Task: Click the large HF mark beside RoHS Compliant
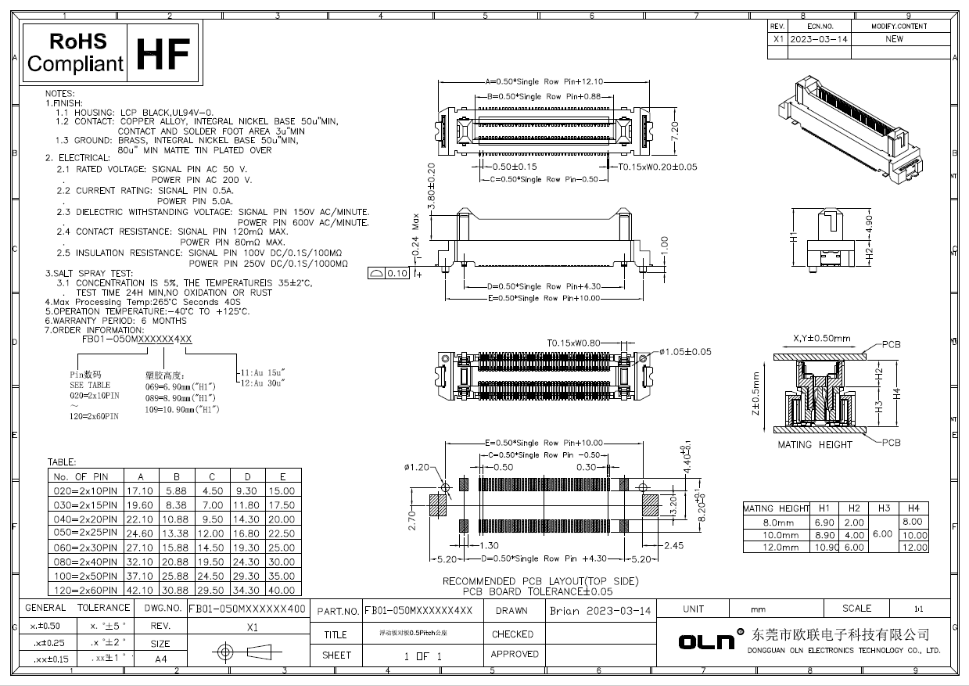163,52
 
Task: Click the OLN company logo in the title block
706,641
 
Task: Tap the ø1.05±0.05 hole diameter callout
685,352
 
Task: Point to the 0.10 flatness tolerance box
389,273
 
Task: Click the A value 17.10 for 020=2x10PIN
140,490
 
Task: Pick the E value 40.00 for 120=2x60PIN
282,591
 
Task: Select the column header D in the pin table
247,476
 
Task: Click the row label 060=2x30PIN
84,548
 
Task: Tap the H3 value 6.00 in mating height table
884,534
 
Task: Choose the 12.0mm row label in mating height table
777,548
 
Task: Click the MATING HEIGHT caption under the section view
814,445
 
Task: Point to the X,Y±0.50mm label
820,339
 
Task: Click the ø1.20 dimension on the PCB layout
418,467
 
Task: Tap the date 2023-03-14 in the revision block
818,38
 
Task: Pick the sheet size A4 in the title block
160,659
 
